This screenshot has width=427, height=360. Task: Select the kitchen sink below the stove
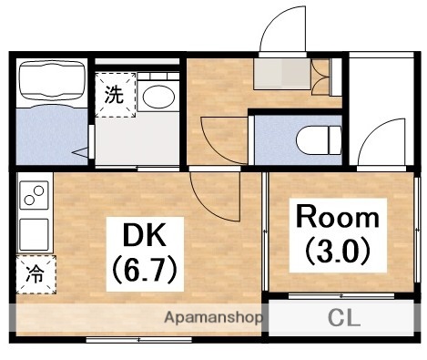(x=35, y=233)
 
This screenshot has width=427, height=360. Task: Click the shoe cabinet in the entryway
(x=283, y=72)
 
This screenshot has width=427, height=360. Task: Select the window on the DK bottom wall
(x=137, y=339)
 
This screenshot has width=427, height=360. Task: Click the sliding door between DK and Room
(x=264, y=237)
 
